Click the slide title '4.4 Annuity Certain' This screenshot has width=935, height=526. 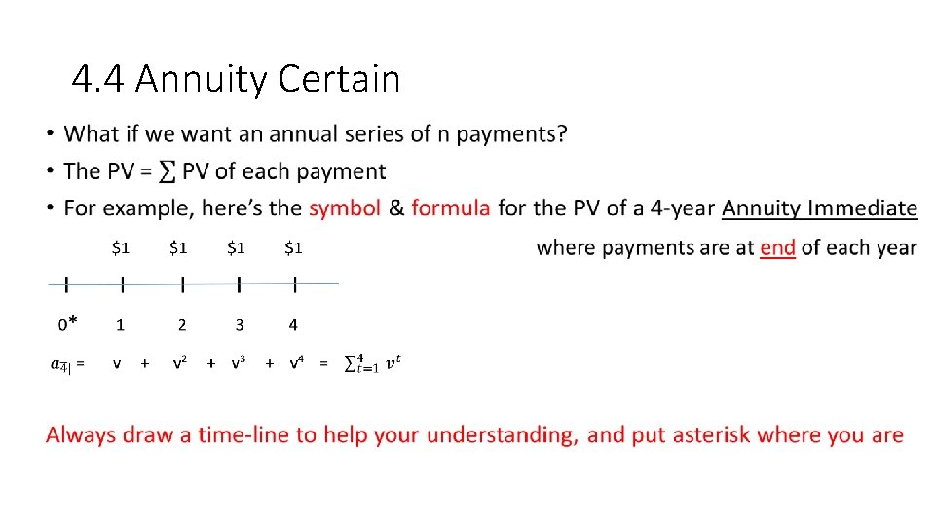(x=236, y=78)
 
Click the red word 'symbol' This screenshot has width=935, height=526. (x=344, y=208)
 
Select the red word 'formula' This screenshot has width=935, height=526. (x=450, y=208)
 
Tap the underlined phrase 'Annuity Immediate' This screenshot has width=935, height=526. (x=819, y=208)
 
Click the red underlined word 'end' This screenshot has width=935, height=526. (x=777, y=247)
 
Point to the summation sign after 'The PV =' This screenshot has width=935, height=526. (x=168, y=172)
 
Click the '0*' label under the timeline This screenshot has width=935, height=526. (x=67, y=323)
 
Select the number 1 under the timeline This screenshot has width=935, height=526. (x=121, y=324)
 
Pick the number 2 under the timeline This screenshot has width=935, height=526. (x=181, y=324)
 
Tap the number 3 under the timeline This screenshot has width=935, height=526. (x=239, y=324)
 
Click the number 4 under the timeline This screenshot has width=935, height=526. (x=293, y=324)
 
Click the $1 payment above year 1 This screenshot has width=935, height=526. (x=120, y=248)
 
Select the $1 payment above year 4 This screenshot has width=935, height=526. (x=293, y=248)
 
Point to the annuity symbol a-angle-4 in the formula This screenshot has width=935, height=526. (x=61, y=364)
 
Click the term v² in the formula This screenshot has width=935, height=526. (x=180, y=363)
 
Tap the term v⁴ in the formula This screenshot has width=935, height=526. (x=297, y=363)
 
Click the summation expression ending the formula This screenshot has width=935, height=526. (x=372, y=363)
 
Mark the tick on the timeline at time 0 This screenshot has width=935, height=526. (x=65, y=284)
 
